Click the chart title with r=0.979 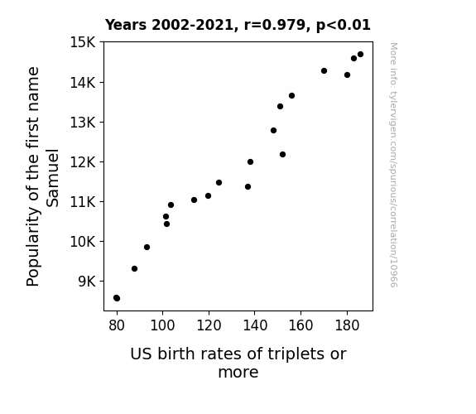[x=238, y=25]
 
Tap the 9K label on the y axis [x=87, y=282]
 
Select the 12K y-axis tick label [x=83, y=162]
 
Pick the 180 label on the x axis [x=347, y=325]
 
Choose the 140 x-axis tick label [x=255, y=325]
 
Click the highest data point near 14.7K [x=360, y=55]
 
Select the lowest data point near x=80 [x=117, y=298]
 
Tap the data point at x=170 [x=324, y=70]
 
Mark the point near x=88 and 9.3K [x=134, y=268]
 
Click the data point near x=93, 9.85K [x=147, y=248]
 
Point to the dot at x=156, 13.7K [x=291, y=96]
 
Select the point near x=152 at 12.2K [x=282, y=154]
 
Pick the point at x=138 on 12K [x=251, y=162]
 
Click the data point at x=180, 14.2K [x=348, y=75]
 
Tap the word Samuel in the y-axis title [x=52, y=178]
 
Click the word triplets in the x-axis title [x=292, y=354]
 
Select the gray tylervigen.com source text [x=393, y=165]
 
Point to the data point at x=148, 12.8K [x=273, y=130]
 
